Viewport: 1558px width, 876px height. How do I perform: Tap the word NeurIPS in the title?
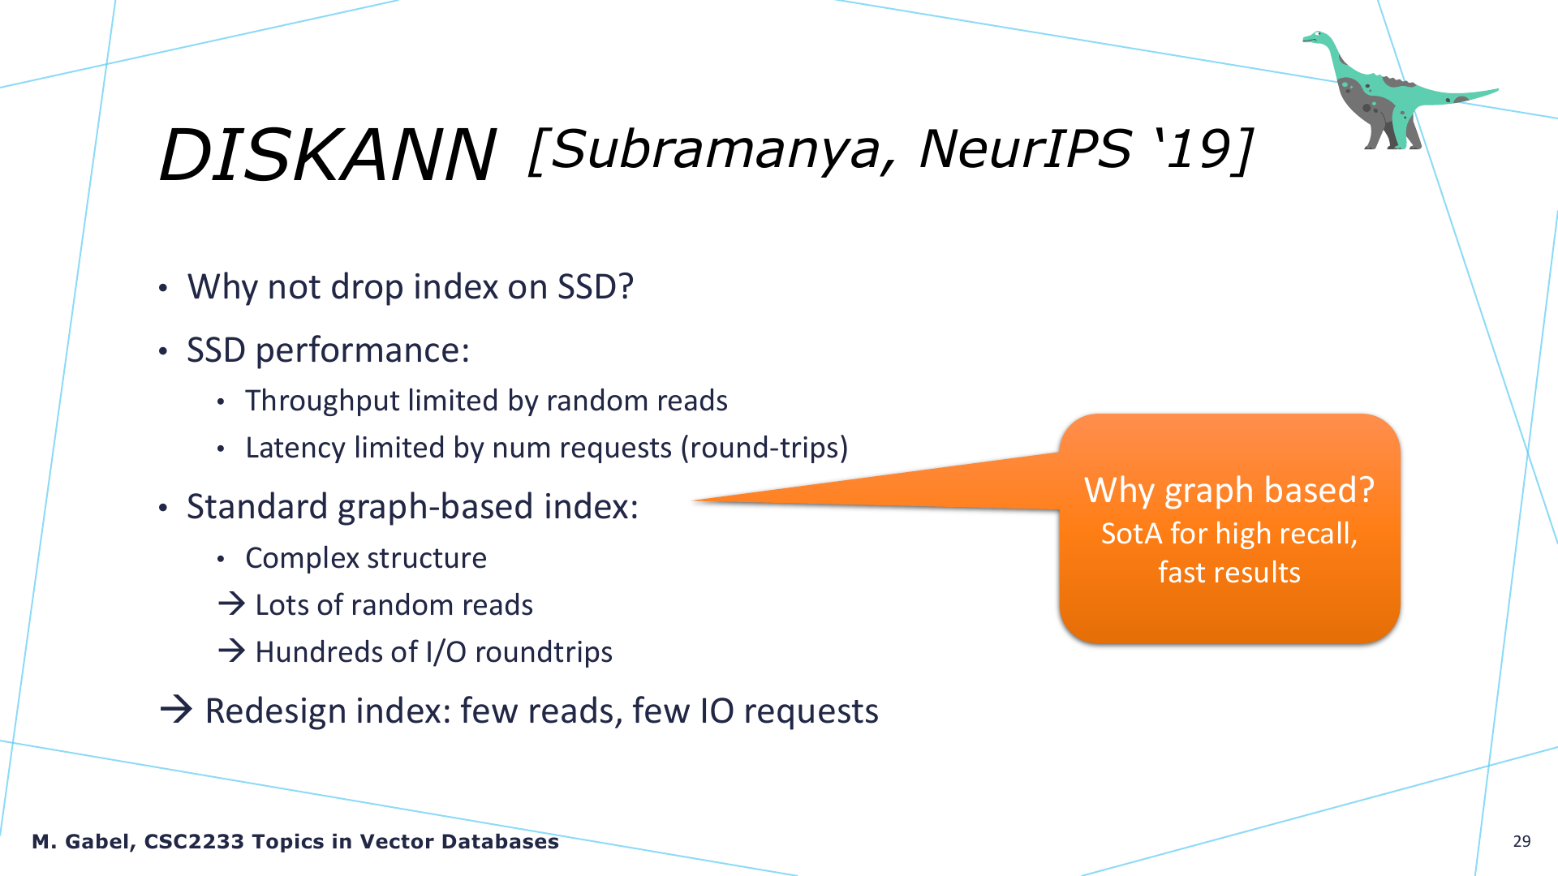1025,149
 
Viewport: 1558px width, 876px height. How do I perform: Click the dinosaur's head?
1317,38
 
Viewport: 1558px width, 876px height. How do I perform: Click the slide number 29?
1521,841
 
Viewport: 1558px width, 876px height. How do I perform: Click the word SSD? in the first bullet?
595,286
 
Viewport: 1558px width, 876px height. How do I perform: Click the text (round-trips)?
764,448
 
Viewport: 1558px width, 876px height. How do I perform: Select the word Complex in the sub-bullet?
302,558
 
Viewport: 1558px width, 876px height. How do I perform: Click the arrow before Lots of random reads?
232,603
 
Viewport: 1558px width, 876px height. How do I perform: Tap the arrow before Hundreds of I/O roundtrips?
232,651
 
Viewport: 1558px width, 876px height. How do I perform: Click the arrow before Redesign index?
176,710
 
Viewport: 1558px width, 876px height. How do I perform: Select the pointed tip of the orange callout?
692,500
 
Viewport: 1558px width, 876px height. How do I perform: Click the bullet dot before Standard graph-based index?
163,509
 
